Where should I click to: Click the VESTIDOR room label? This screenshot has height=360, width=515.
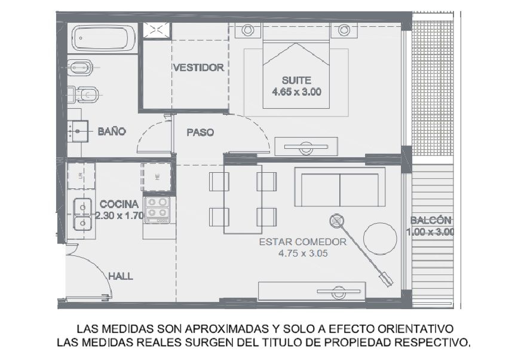tap(199, 68)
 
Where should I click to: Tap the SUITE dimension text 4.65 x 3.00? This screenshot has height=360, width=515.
tap(296, 91)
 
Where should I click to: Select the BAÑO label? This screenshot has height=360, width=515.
tap(112, 131)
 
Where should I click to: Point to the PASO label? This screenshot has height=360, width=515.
tap(200, 133)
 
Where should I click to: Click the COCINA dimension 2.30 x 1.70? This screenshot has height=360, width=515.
tap(119, 216)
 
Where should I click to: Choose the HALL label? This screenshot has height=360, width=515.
tap(121, 276)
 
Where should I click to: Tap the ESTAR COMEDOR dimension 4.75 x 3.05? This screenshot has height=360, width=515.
tap(303, 254)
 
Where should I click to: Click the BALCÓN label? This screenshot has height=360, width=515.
tap(431, 220)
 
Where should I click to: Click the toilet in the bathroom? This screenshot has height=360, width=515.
tap(84, 95)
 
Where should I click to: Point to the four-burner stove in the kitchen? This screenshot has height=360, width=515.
tap(157, 210)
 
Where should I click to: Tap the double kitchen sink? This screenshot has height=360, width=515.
tap(82, 214)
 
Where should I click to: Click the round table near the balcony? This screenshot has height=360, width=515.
tap(380, 239)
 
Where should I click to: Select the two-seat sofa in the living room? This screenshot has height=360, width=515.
tap(339, 187)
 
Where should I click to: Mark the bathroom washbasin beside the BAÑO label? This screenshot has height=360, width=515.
tap(78, 131)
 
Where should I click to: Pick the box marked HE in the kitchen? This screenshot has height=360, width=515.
tap(157, 177)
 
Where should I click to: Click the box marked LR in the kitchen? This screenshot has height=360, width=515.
tap(81, 176)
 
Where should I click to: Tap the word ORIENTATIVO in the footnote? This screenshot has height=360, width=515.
tap(415, 329)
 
